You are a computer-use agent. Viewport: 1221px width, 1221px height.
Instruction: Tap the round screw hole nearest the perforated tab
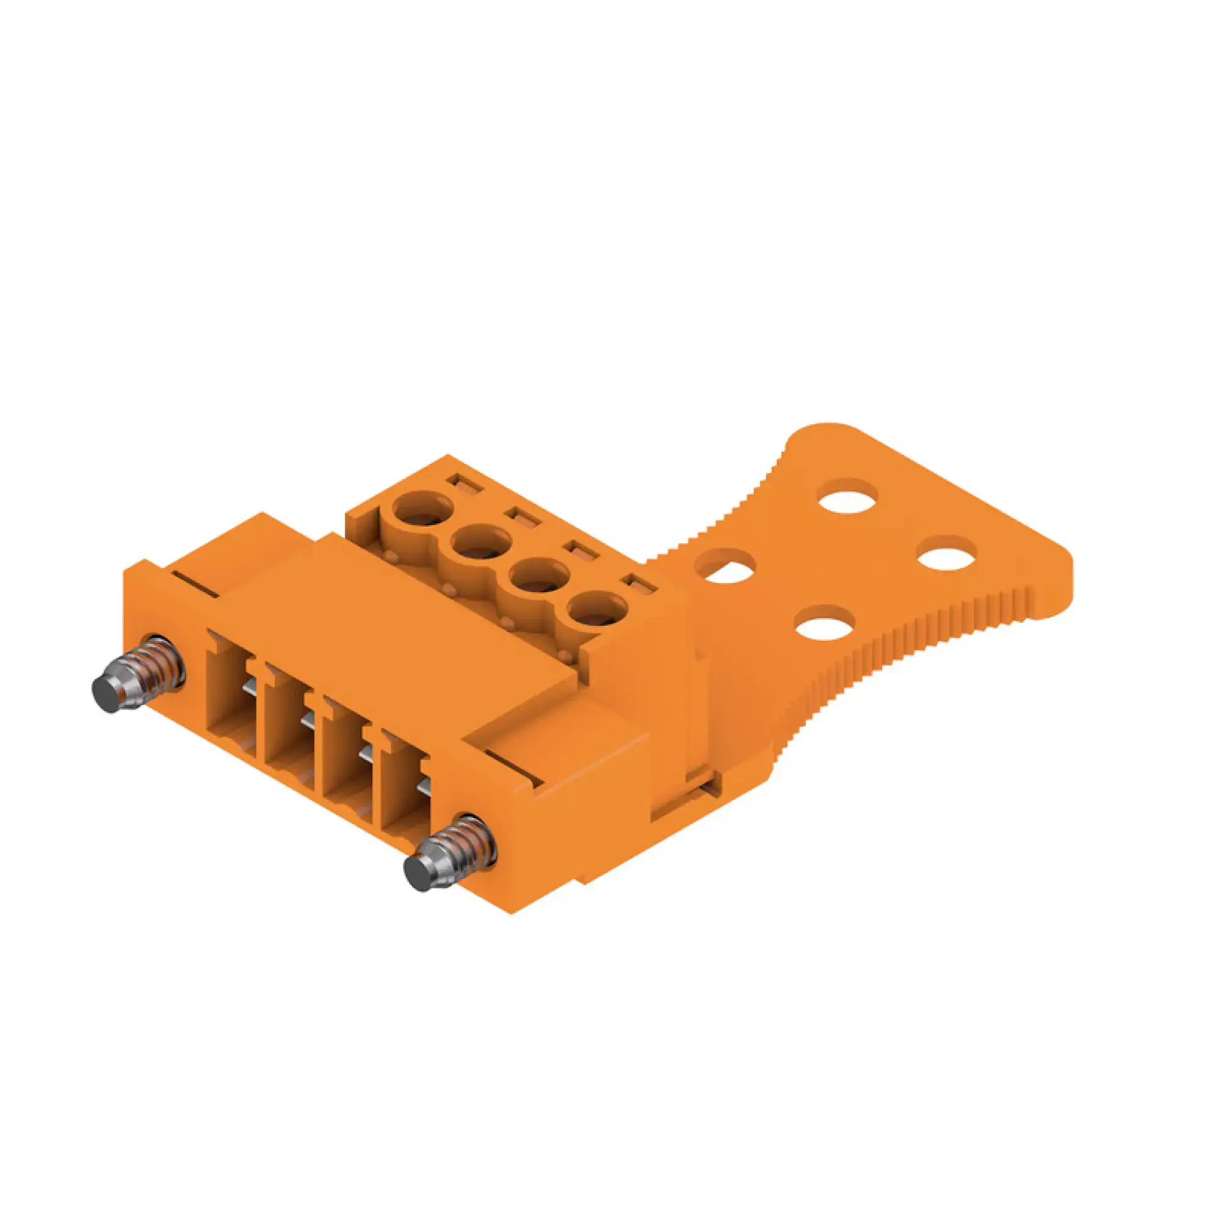[x=597, y=610]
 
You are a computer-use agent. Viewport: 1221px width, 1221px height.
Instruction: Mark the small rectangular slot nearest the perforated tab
[x=639, y=585]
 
